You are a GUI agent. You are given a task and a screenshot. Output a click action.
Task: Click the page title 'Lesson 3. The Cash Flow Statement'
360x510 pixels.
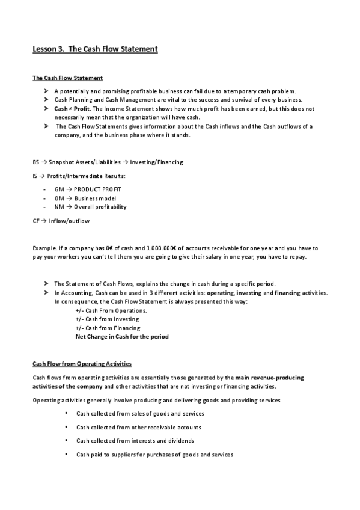coord(95,49)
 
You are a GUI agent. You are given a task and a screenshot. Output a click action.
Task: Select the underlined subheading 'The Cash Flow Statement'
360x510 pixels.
coord(67,78)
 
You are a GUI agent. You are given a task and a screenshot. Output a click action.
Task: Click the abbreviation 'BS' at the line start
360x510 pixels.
coord(35,162)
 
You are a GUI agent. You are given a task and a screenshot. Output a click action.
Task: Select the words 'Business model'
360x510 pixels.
coord(95,198)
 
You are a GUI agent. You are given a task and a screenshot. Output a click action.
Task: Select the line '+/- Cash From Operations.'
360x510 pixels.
coord(111,310)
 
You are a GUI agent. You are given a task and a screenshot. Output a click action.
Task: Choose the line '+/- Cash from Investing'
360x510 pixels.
coord(107,319)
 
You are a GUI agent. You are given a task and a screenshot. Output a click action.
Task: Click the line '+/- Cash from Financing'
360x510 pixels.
coord(108,328)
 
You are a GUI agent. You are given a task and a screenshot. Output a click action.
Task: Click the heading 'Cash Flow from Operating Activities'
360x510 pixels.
coord(82,364)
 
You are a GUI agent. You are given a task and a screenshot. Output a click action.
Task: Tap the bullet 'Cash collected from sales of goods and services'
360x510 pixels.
coord(140,413)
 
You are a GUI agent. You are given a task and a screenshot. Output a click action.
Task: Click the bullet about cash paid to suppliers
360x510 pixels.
coord(154,455)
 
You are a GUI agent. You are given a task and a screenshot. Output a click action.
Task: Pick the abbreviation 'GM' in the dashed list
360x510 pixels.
coord(58,189)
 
